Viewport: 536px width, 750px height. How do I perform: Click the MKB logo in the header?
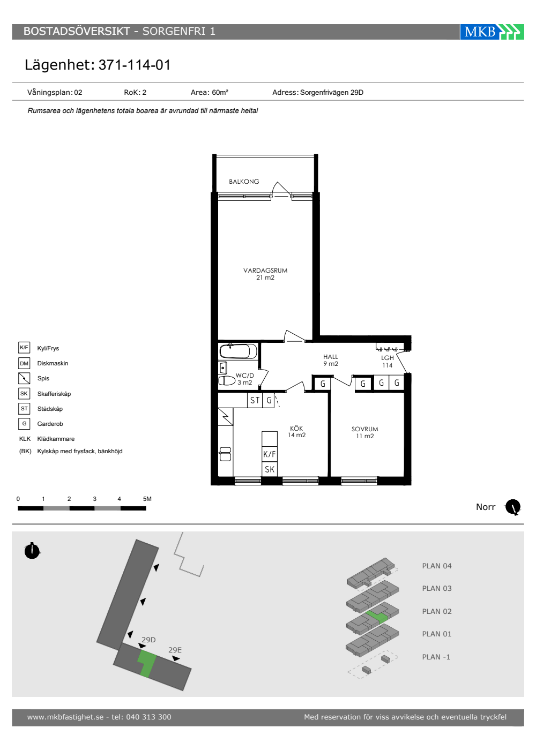pos(492,32)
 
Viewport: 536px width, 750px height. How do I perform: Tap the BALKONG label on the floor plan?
pos(244,182)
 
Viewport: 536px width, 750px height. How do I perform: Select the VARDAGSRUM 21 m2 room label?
pos(265,274)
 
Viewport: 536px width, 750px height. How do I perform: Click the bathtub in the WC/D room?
pos(238,351)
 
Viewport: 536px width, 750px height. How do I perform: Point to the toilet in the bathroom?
pos(227,381)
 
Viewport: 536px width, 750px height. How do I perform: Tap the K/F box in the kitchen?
pos(269,454)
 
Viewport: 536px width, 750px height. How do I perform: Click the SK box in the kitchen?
pos(269,469)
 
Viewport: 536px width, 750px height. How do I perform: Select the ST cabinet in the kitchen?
pos(255,400)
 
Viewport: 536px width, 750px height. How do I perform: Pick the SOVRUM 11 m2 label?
pos(365,432)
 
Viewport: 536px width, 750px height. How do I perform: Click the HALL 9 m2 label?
pos(331,360)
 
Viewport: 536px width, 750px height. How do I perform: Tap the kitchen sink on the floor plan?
pos(225,454)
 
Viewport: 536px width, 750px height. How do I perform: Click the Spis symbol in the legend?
pos(24,378)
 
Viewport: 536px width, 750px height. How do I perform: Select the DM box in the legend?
pos(24,363)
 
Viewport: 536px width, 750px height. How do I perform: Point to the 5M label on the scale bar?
pos(147,499)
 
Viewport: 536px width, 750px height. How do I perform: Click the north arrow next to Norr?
pos(513,507)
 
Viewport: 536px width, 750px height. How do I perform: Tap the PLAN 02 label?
pos(437,611)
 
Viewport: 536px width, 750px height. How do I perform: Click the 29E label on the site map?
pos(175,650)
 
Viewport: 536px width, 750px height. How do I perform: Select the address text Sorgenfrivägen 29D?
pos(332,92)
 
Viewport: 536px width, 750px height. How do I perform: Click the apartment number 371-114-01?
pos(135,65)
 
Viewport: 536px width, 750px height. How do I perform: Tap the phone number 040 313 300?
pos(149,717)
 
